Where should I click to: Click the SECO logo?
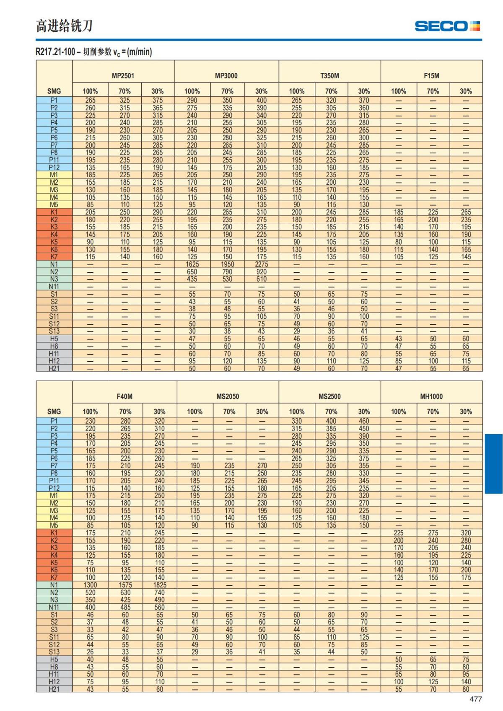pos(447,26)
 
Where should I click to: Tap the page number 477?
pos(475,699)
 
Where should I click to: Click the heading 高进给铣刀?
pos(64,26)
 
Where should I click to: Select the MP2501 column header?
pos(123,76)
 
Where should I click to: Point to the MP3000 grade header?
pos(226,76)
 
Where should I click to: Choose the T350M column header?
pos(329,76)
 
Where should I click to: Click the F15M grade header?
pos(431,76)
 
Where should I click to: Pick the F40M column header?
pos(124,396)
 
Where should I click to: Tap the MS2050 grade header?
pos(228,396)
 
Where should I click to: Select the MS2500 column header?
pos(329,396)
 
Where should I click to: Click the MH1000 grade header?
pos(431,396)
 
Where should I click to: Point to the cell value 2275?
pos(261,264)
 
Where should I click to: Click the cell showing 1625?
pos(192,264)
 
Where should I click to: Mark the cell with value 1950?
pos(227,264)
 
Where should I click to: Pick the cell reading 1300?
pos(90,585)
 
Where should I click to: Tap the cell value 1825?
pos(159,585)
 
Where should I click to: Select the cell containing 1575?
pos(125,585)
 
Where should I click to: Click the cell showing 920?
pos(261,272)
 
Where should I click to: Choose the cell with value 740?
pos(159,592)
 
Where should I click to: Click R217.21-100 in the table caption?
pos(55,52)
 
